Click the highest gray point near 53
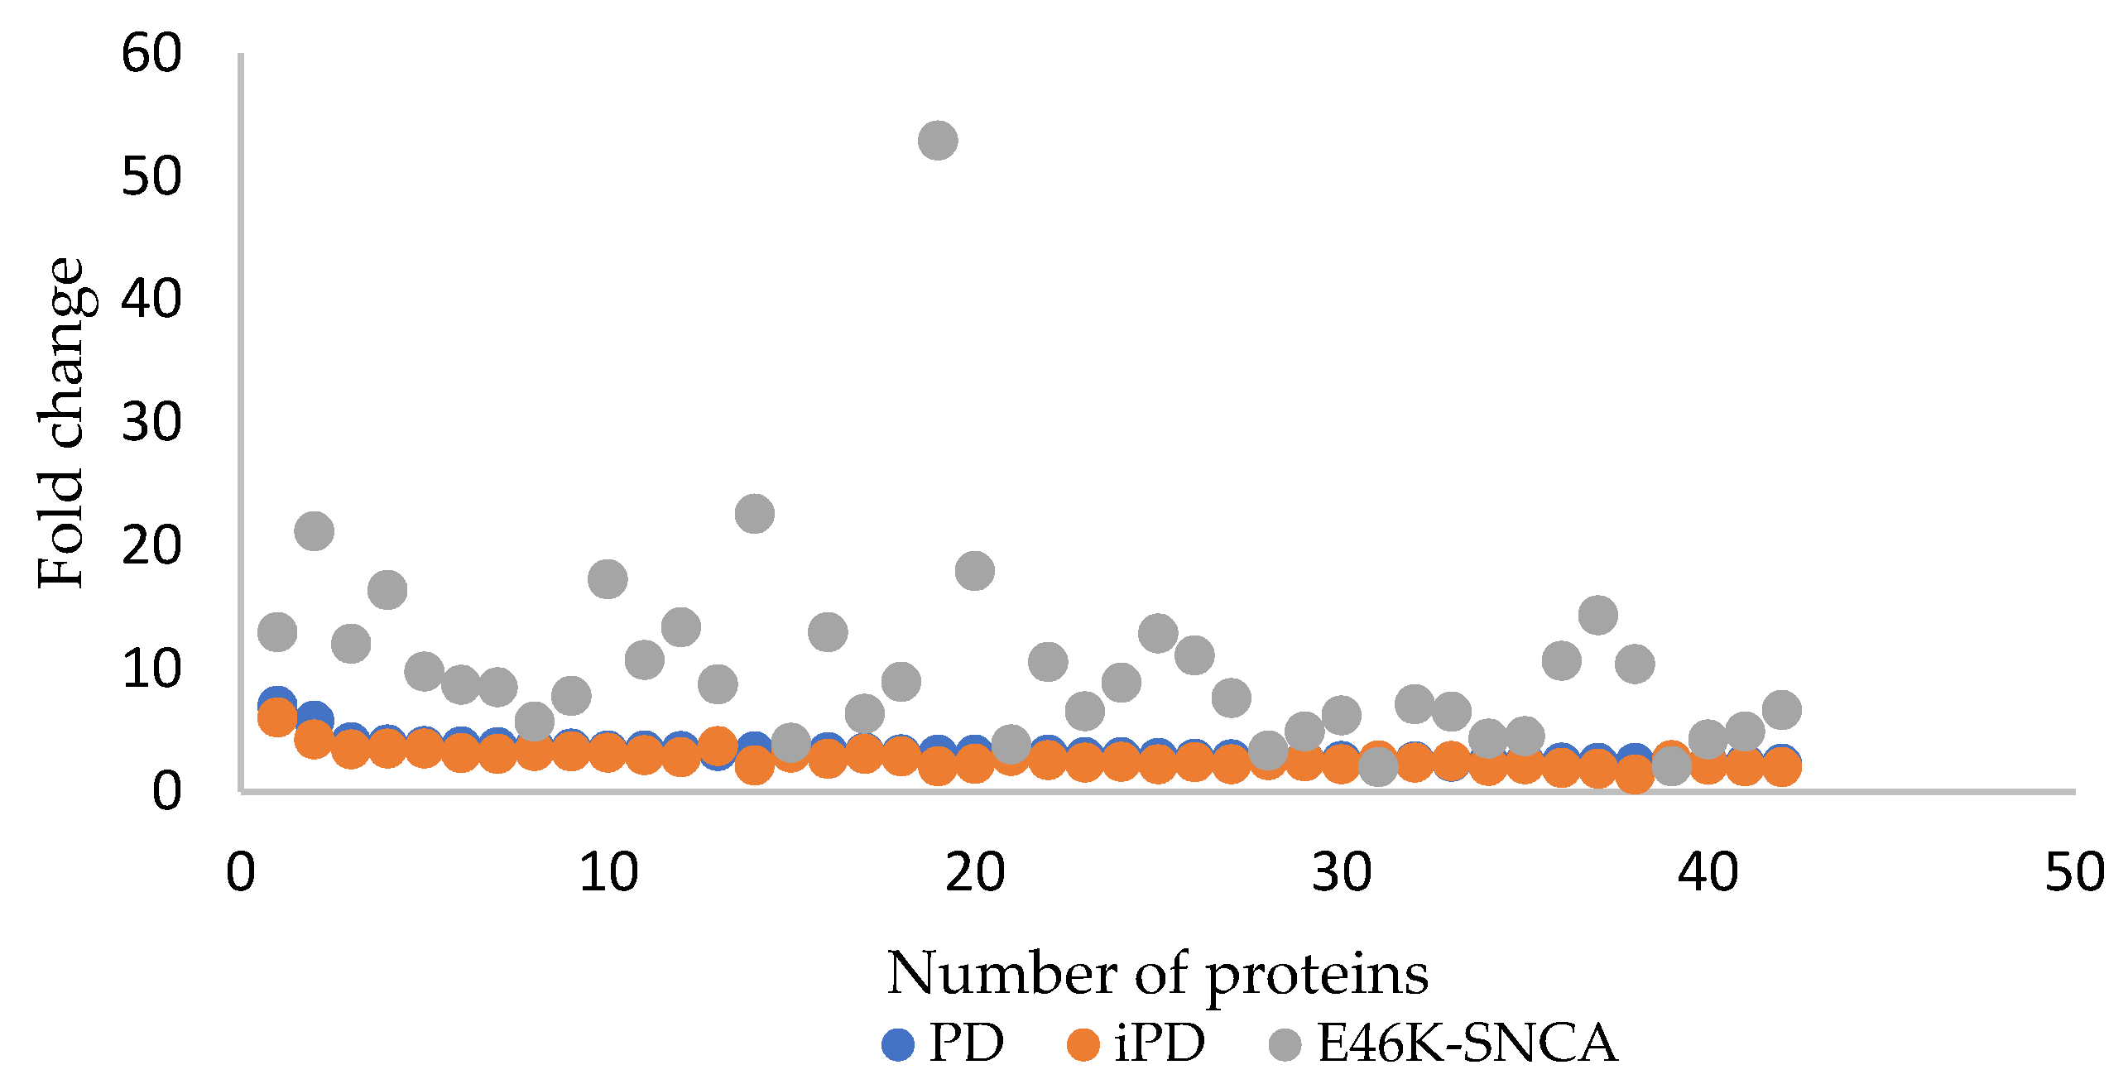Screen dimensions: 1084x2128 point(938,140)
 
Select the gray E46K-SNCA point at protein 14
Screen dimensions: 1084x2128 point(754,514)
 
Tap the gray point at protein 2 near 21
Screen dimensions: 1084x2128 point(314,530)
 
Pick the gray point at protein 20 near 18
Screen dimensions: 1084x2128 point(974,570)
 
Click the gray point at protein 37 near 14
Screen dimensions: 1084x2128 point(1597,615)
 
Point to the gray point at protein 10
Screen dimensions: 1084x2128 point(608,578)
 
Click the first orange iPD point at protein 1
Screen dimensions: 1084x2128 point(277,717)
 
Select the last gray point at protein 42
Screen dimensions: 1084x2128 point(1781,709)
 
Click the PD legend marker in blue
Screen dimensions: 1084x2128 point(898,1044)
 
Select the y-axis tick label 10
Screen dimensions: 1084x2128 point(151,669)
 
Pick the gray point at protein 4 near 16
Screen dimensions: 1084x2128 point(387,590)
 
